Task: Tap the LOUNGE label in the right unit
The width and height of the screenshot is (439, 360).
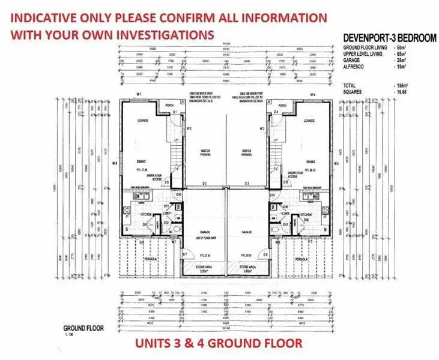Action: point(309,121)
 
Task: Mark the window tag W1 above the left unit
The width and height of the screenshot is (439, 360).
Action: point(139,95)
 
